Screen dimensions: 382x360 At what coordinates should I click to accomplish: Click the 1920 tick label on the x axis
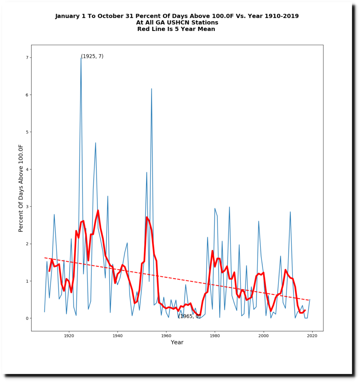point(69,336)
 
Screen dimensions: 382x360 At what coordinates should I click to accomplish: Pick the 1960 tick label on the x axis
point(166,336)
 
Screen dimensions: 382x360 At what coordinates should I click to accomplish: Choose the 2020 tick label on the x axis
point(312,336)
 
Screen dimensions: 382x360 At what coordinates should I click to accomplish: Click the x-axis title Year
point(177,342)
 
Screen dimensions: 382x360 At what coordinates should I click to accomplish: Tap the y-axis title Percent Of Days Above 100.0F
point(21,188)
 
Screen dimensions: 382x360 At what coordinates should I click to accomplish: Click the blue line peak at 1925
point(81,58)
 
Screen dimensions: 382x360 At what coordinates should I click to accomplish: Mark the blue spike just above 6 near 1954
point(151,89)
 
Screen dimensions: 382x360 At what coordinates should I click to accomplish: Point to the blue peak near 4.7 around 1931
point(95,143)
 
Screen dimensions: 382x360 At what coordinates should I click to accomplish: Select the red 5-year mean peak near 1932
point(98,211)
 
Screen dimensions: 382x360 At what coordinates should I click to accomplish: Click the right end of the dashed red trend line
point(309,300)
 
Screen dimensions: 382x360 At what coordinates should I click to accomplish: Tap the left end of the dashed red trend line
point(45,258)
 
